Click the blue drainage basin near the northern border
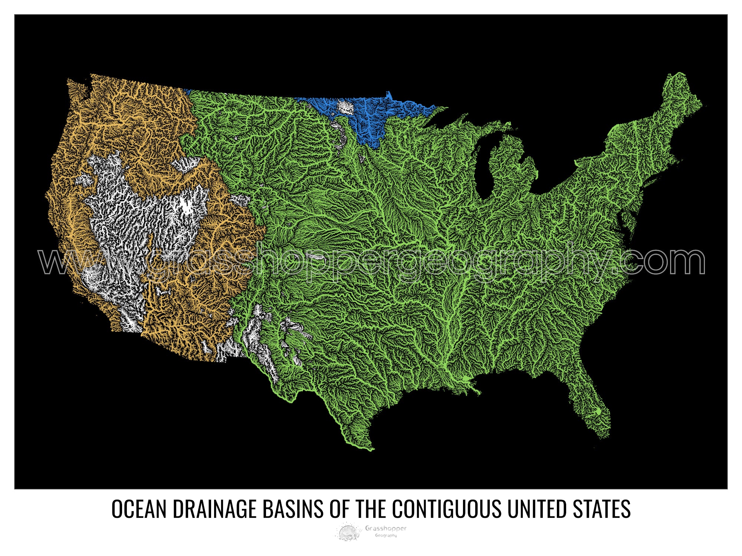371,119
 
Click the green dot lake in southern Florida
598,411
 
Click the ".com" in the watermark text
664,261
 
